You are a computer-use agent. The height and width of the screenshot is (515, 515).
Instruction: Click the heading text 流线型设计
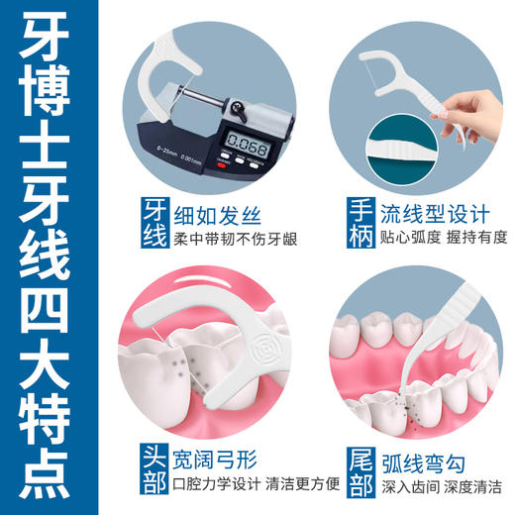point(442,213)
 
